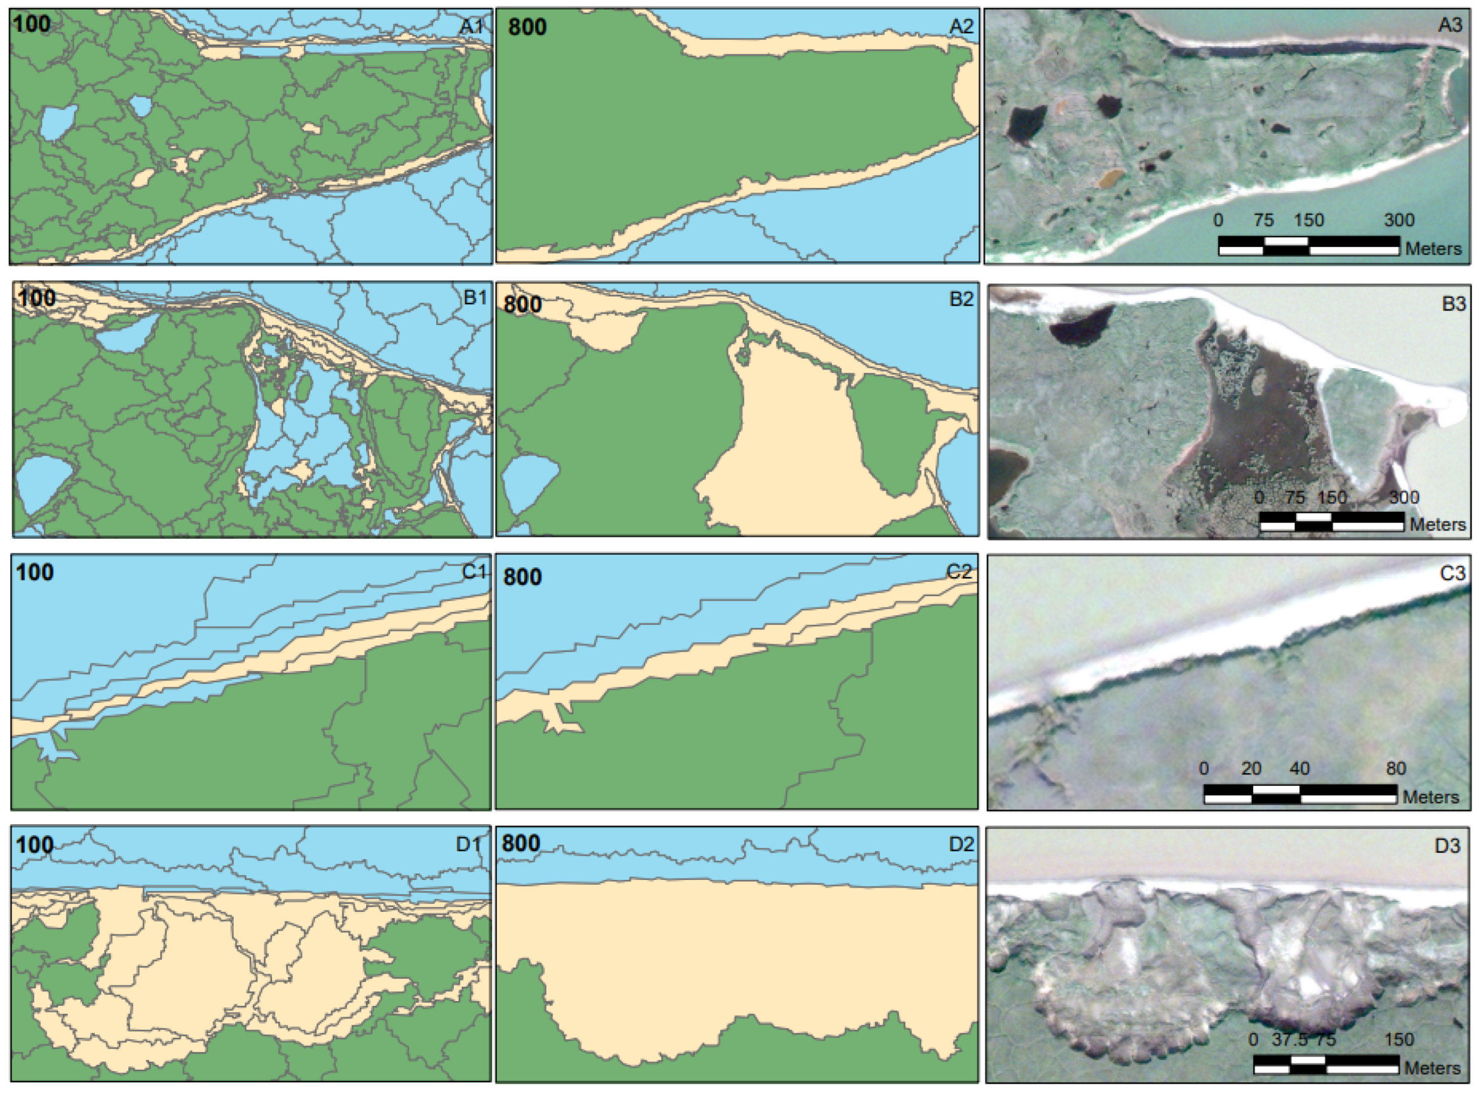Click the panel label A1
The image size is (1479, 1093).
471,27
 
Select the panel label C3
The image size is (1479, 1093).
1452,573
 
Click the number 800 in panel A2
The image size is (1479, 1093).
527,27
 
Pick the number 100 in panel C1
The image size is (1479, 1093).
35,572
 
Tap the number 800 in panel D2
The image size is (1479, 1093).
521,844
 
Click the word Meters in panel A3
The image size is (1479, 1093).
1433,249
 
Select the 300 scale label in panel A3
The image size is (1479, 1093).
1399,220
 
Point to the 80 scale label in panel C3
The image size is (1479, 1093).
1395,768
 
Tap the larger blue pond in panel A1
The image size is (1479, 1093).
58,123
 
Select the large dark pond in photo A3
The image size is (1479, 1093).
1027,124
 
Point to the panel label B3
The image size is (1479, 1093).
1453,304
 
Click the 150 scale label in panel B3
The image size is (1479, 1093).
1331,498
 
